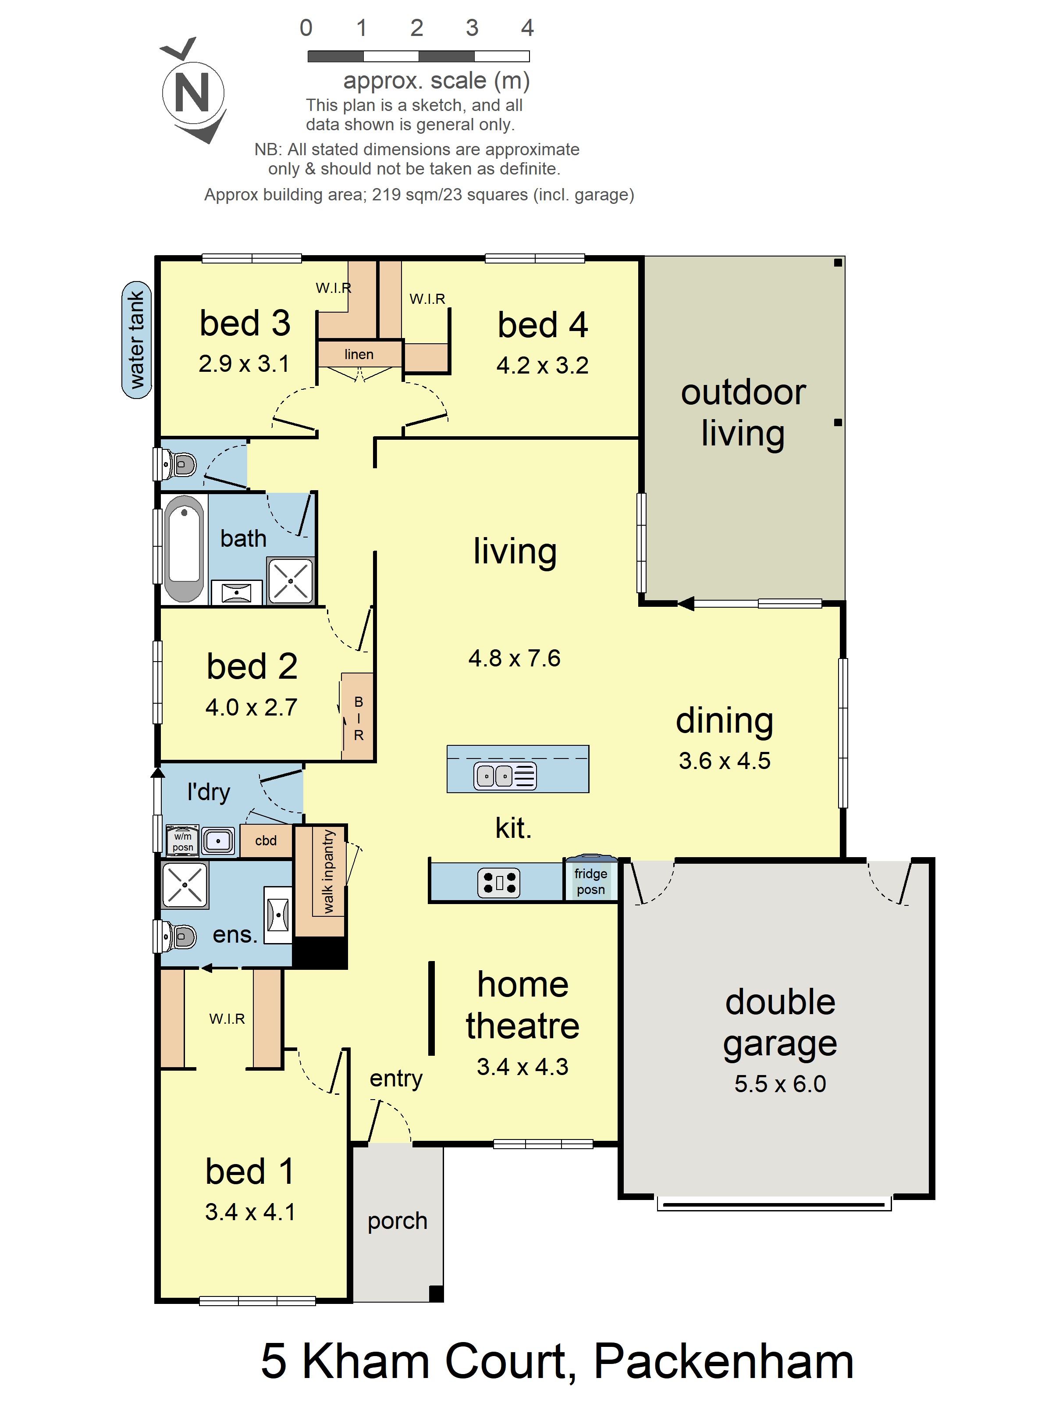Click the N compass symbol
point(193,92)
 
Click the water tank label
point(136,340)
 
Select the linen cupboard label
point(359,354)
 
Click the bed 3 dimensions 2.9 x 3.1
point(244,363)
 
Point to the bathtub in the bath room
point(184,548)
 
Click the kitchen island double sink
point(505,775)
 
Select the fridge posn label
point(590,882)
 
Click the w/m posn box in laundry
point(183,841)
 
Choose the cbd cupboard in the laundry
point(266,841)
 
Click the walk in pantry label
point(328,872)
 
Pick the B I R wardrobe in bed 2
point(358,717)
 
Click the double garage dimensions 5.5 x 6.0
point(780,1084)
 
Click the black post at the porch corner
point(436,1293)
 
